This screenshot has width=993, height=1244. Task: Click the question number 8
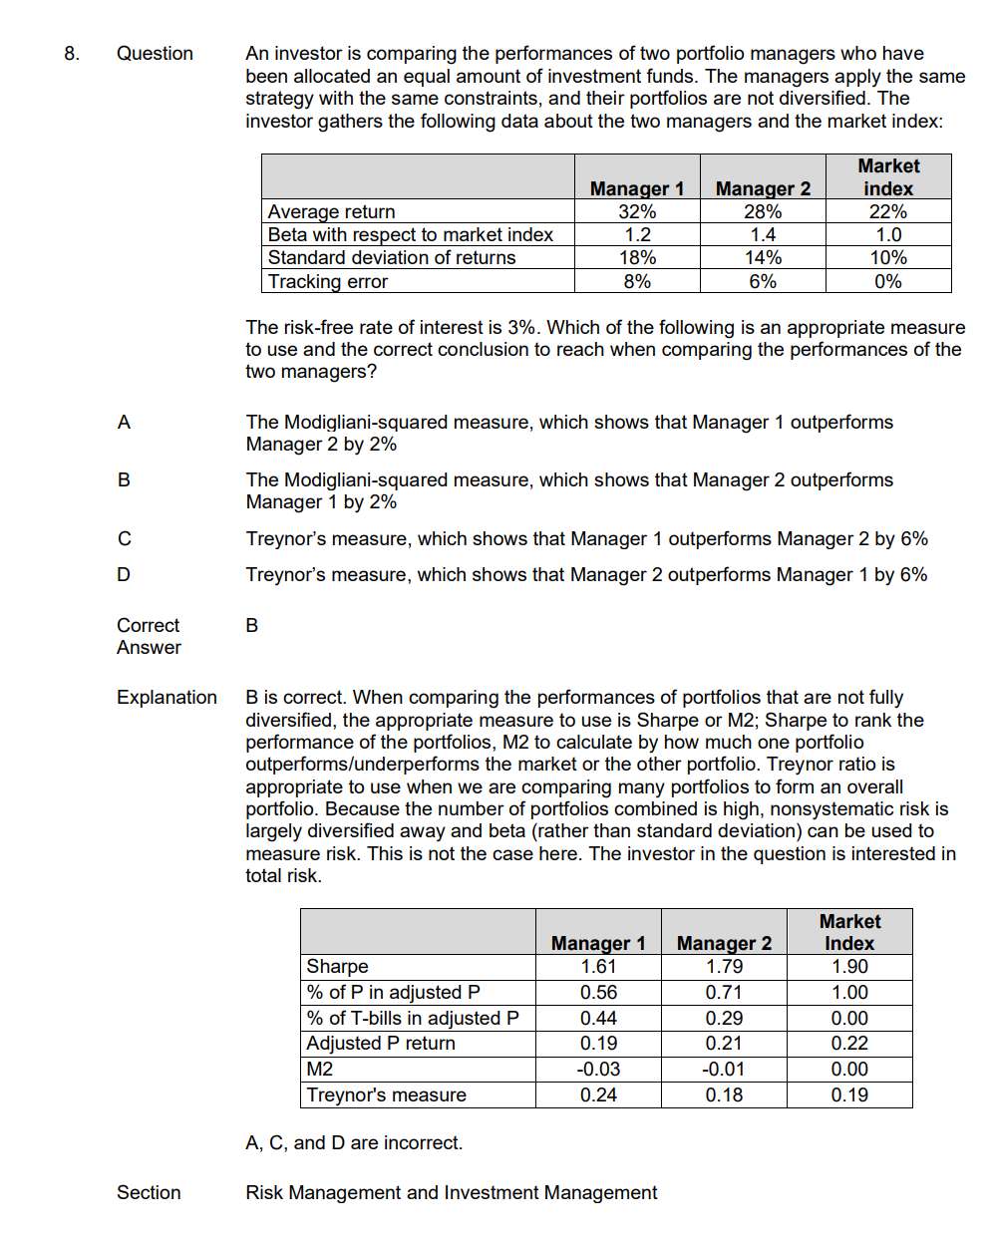click(x=71, y=54)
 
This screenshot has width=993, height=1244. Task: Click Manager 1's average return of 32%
click(x=637, y=211)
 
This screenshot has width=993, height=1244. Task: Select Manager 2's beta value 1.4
click(x=763, y=234)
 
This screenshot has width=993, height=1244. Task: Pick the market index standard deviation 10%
click(x=887, y=257)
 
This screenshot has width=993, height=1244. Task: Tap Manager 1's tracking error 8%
click(x=637, y=281)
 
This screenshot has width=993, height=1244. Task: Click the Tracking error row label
click(x=328, y=281)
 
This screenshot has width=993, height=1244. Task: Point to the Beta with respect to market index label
click(x=410, y=234)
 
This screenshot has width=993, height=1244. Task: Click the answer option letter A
click(x=124, y=423)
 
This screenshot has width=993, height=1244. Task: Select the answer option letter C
click(x=124, y=539)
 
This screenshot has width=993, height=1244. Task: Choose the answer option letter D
click(x=124, y=575)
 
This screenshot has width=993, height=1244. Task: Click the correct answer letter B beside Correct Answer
click(x=251, y=626)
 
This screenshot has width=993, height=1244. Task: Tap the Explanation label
click(x=166, y=698)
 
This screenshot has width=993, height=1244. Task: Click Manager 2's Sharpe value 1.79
click(x=724, y=967)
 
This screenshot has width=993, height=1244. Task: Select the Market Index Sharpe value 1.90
click(x=849, y=967)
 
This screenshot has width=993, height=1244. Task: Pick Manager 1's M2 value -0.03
click(x=598, y=1070)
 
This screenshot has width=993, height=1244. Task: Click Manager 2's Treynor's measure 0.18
click(x=724, y=1095)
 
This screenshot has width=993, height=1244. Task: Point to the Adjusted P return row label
click(x=381, y=1044)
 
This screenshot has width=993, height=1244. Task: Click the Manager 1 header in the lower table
click(x=598, y=943)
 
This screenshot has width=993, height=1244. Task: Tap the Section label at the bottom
click(x=149, y=1193)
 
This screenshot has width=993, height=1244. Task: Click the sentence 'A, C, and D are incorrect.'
click(x=354, y=1143)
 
